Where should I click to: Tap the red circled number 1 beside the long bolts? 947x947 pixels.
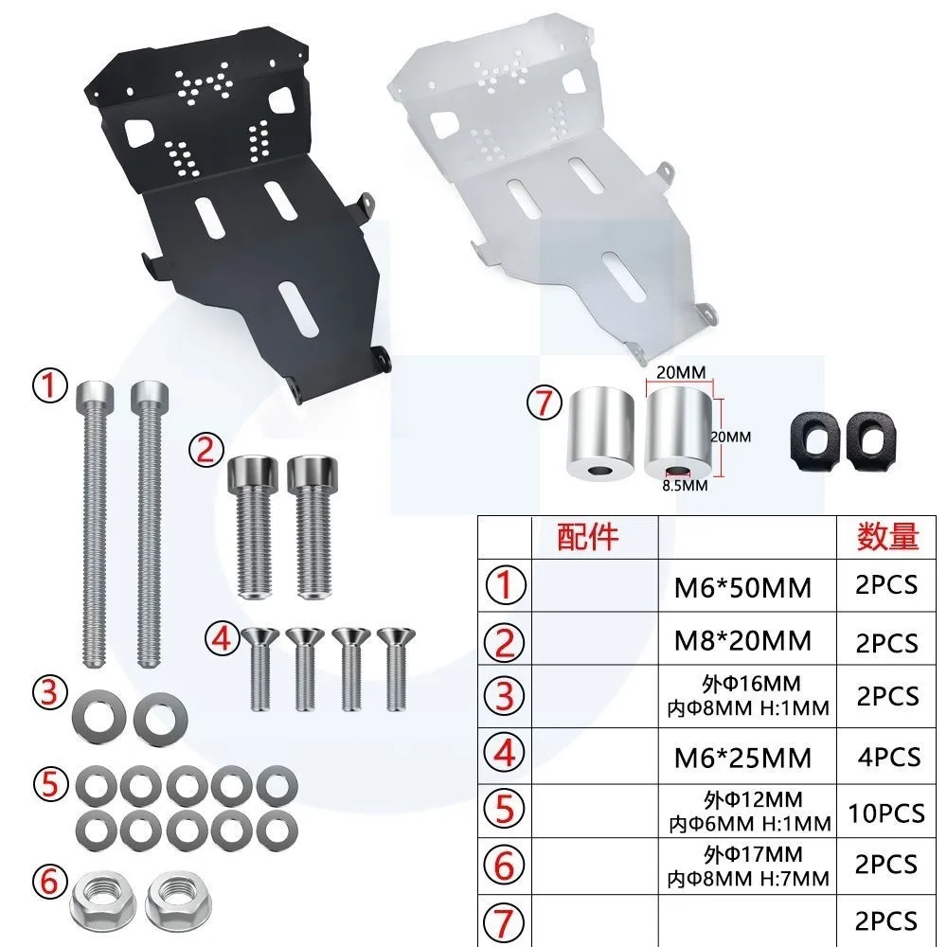click(x=50, y=386)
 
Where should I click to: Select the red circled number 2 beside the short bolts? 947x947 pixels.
click(x=206, y=450)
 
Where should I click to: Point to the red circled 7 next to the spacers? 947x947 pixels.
click(x=545, y=402)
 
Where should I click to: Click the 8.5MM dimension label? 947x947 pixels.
click(x=685, y=486)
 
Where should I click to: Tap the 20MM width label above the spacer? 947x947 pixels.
click(x=681, y=372)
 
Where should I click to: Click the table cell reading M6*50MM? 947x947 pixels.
click(x=742, y=588)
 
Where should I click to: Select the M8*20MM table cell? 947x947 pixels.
click(x=742, y=641)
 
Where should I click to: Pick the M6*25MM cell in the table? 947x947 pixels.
click(x=742, y=758)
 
